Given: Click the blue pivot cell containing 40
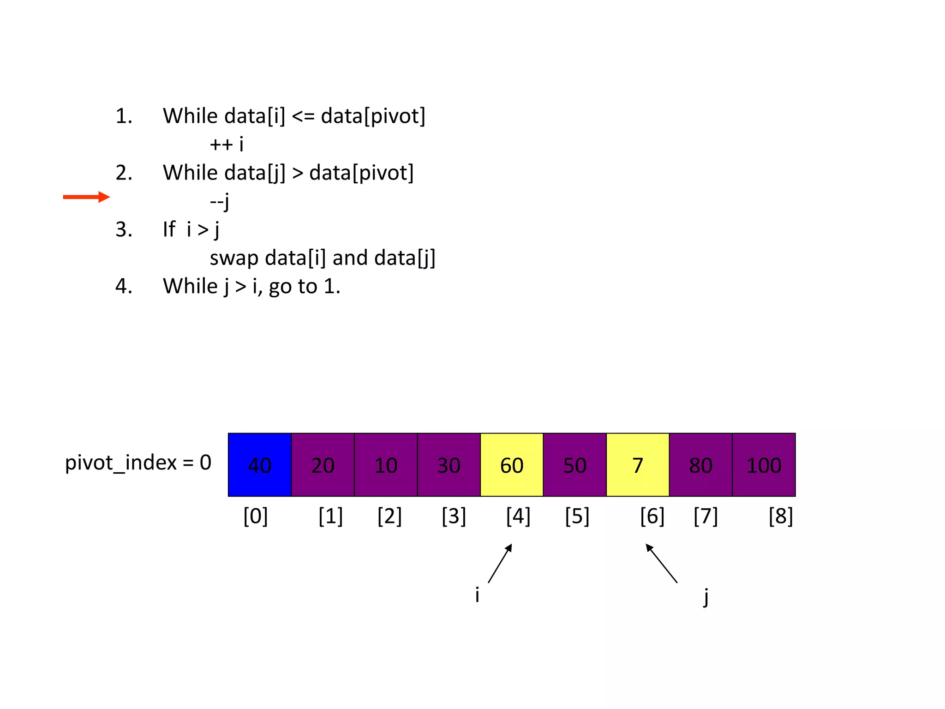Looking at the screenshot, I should [x=260, y=465].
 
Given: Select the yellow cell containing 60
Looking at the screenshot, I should [x=512, y=465].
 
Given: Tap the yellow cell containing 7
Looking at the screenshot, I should [x=638, y=465].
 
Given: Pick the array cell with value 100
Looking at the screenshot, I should [x=764, y=465].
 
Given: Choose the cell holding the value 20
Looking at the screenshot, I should [x=323, y=465].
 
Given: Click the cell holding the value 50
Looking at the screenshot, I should [x=575, y=465].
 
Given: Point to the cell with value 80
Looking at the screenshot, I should [x=700, y=465].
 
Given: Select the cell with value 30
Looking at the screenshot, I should [x=449, y=465].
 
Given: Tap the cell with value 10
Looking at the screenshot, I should [x=386, y=465].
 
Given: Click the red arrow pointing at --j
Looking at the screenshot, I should [x=86, y=197].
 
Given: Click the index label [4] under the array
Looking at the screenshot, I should [x=518, y=516].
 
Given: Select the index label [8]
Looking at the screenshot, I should [x=781, y=516].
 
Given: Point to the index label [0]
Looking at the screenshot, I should [x=256, y=516].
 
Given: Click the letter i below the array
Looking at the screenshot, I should [x=477, y=595].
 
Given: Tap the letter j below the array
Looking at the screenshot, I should [x=706, y=596].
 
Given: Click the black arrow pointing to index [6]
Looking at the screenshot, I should [x=661, y=563].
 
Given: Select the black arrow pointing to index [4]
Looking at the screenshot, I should [x=500, y=563].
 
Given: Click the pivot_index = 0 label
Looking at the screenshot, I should [x=138, y=463].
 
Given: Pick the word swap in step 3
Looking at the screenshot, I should [x=234, y=258].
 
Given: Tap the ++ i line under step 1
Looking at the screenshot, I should [x=226, y=144].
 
